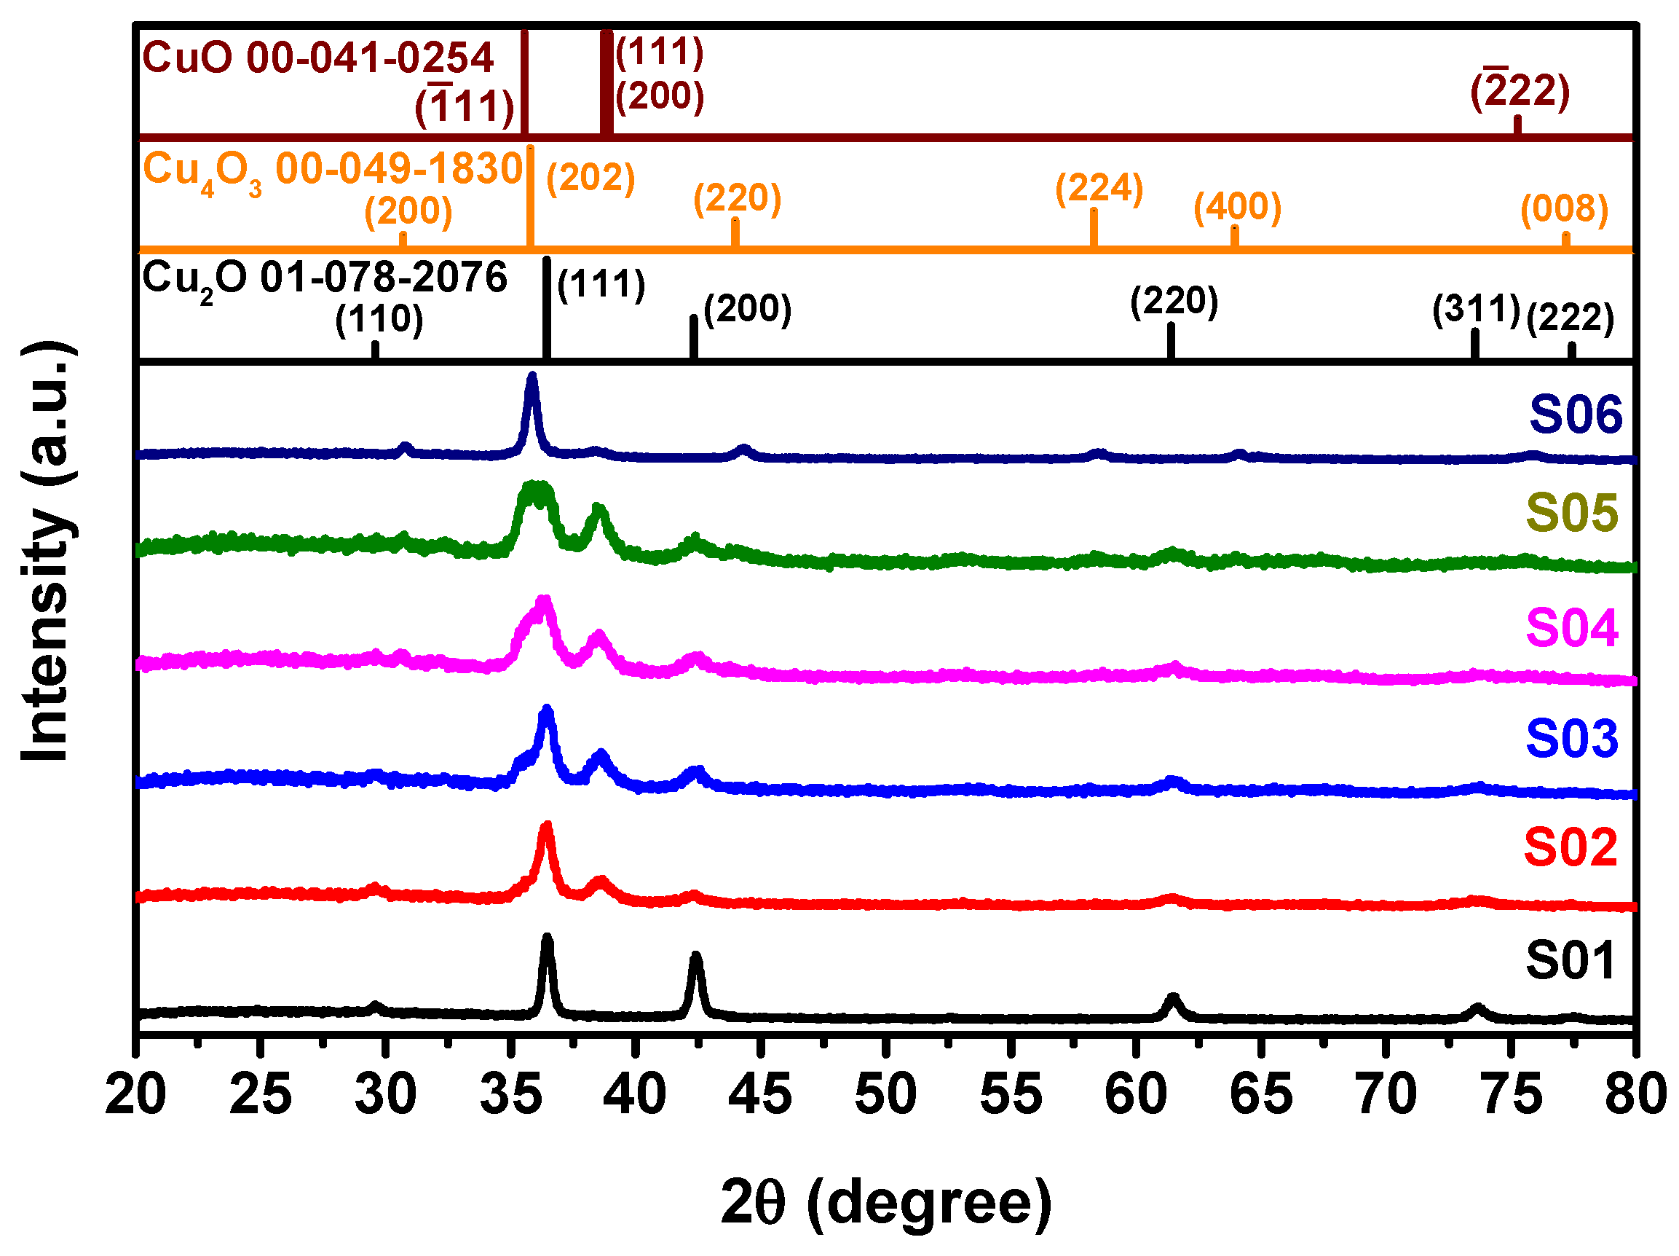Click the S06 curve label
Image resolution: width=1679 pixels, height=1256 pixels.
pos(1575,415)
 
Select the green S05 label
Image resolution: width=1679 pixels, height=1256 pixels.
pos(1572,513)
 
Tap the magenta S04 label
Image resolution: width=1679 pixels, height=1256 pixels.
pos(1572,628)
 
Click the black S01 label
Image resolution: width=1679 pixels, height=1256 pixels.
pos(1571,961)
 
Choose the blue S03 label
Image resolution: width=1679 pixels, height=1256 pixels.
pos(1572,738)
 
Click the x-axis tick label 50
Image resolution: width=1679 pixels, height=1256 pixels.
pos(886,1094)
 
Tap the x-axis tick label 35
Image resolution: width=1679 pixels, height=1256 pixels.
pos(511,1094)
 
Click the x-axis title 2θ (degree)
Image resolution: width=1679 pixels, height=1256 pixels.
pos(886,1202)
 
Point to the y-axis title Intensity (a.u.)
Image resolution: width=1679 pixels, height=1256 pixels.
pos(47,552)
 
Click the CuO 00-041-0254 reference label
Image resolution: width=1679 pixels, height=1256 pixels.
pos(318,58)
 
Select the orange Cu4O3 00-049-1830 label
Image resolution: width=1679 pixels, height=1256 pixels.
pos(333,170)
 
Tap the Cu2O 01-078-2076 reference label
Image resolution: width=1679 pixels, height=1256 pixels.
pos(324,278)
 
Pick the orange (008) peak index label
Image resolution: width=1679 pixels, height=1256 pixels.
pos(1565,209)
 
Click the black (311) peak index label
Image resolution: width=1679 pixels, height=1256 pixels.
pos(1477,309)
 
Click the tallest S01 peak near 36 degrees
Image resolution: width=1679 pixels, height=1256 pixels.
pos(547,939)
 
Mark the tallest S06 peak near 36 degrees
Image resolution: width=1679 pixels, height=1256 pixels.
pos(532,377)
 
